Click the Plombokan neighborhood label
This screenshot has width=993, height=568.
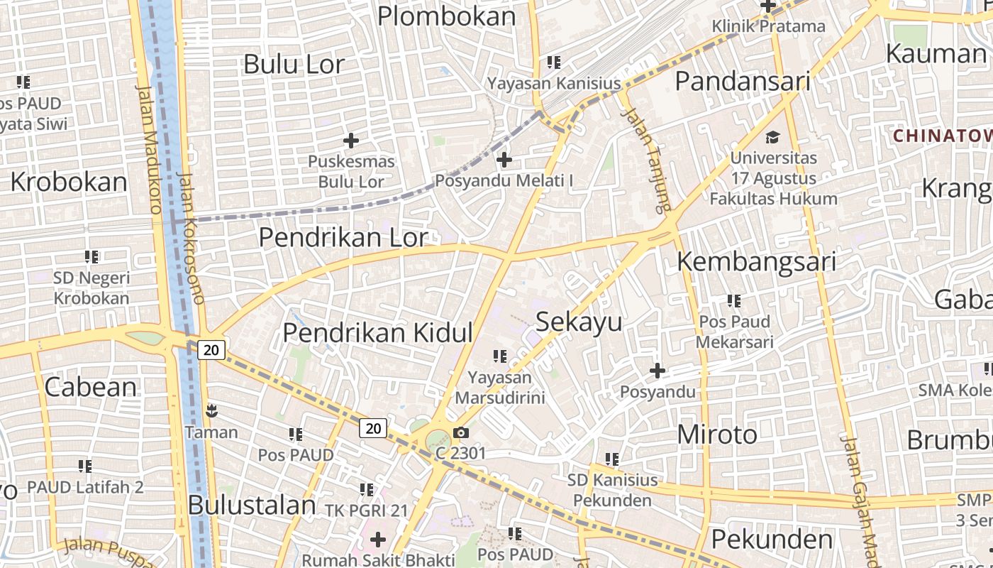(x=446, y=16)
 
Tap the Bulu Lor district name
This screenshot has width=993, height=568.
(x=294, y=64)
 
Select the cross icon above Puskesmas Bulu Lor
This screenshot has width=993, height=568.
(x=350, y=140)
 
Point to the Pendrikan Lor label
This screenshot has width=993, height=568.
(x=343, y=237)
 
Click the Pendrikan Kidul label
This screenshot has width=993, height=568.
(x=377, y=332)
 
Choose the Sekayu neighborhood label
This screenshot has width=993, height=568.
(x=579, y=322)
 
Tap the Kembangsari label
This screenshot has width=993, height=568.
(x=756, y=261)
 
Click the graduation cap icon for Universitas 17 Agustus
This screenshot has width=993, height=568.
(x=772, y=137)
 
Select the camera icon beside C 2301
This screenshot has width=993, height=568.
(x=461, y=432)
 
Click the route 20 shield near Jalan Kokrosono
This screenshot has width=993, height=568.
(x=211, y=349)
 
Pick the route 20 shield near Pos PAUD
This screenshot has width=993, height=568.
(x=373, y=427)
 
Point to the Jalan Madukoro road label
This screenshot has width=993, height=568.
(x=148, y=149)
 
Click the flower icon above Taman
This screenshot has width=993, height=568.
(x=211, y=410)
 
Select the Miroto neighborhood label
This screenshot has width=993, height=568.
(x=717, y=434)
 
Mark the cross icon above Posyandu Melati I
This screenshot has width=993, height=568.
(x=504, y=160)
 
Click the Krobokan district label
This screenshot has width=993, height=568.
(x=69, y=182)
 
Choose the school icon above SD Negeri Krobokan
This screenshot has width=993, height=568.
(x=91, y=256)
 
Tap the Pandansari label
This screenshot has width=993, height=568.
(x=742, y=82)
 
